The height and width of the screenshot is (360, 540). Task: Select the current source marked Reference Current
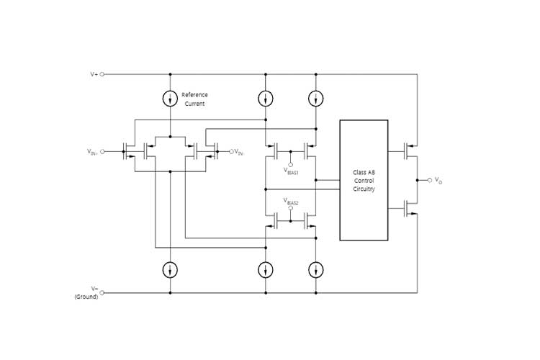170,99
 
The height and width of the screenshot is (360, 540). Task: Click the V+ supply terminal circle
102,74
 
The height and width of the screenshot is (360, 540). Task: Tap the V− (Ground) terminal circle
102,293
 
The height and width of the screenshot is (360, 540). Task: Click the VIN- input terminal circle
231,152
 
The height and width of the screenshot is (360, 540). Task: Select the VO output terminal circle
429,179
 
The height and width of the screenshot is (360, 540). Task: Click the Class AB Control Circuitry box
364,180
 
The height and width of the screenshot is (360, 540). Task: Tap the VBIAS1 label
289,172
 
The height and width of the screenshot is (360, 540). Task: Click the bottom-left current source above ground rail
170,269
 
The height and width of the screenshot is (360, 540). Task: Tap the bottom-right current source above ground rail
315,269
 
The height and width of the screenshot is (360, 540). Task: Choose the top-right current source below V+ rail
315,99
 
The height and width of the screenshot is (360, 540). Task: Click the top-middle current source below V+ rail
266,99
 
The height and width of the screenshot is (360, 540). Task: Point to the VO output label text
439,181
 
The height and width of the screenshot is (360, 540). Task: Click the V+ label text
93,74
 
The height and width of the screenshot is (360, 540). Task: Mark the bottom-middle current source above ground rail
266,269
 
